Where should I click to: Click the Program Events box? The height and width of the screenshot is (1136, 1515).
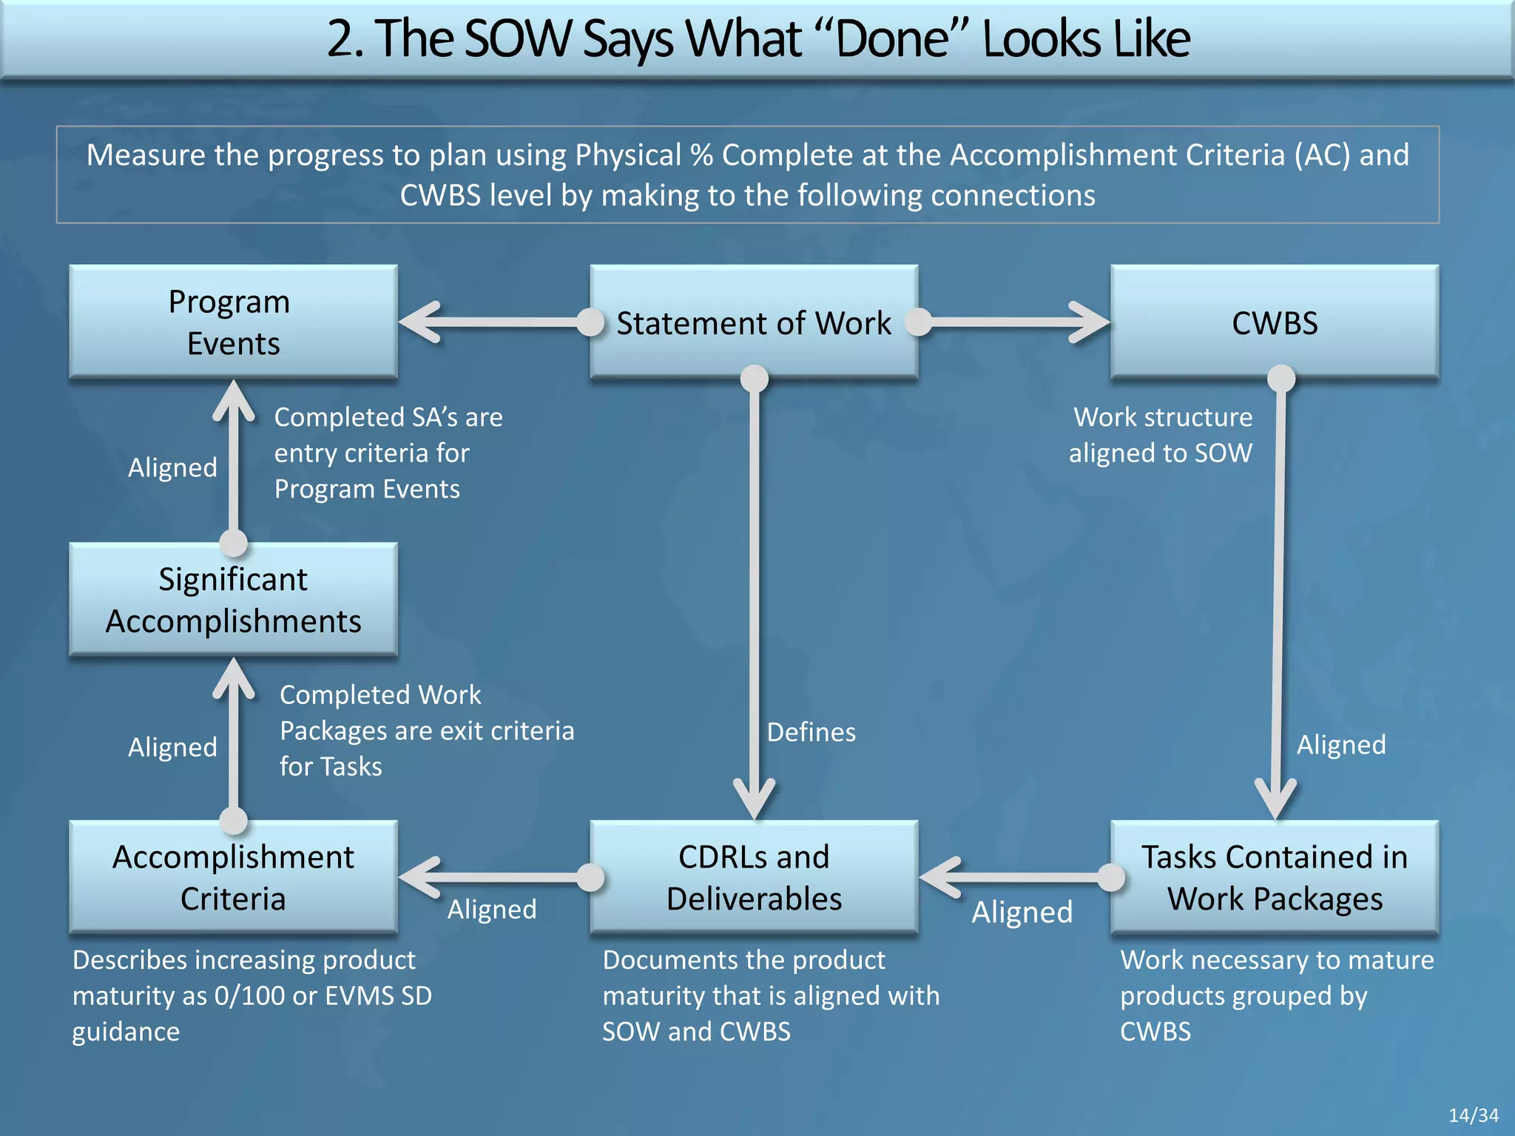pos(233,322)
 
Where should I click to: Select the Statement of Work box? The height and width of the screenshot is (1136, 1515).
pos(754,322)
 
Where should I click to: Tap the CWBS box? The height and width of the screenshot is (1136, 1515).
pos(1275,322)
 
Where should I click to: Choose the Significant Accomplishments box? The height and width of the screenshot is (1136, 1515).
pos(233,600)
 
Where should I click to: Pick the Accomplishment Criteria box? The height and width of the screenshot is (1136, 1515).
pos(233,877)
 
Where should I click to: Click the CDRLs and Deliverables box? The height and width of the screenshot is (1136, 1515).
pos(754,877)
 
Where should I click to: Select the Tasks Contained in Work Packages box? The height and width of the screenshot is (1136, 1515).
pos(1275,877)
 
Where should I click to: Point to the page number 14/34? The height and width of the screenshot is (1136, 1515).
pos(1473,1115)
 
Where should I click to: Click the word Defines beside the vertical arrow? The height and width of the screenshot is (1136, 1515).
pos(812,732)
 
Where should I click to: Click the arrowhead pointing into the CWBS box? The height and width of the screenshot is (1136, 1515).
pos(1090,322)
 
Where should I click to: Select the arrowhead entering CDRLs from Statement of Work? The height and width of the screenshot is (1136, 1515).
pos(754,799)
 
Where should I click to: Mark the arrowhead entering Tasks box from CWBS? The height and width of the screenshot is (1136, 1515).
pos(1275,799)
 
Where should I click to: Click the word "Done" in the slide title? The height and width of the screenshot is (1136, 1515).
pos(893,38)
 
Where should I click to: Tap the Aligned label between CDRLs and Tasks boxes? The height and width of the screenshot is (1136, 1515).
pos(1022,912)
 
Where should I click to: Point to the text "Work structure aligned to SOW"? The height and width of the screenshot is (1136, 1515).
pos(1161,435)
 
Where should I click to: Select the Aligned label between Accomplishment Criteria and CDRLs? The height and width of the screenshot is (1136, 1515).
pos(492,909)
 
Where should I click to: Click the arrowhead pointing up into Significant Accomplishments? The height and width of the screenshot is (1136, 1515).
pos(234,677)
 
